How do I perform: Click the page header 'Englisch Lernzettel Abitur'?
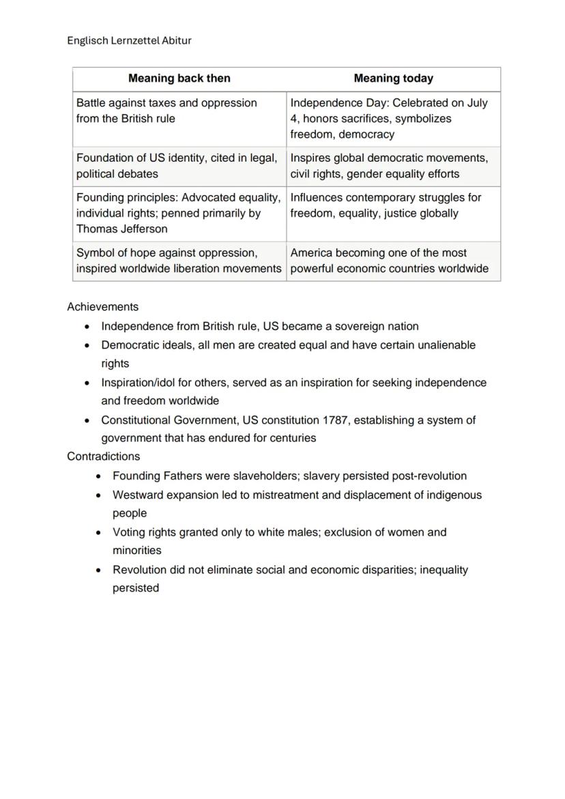tap(129, 40)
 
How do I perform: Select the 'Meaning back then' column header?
tap(179, 78)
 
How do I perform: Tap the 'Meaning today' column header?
tap(393, 78)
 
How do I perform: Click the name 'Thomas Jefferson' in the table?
tap(121, 229)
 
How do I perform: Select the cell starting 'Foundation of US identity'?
tap(179, 166)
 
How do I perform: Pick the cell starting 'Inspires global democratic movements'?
tap(392, 166)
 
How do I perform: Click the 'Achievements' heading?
tap(102, 307)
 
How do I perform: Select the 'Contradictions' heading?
tap(103, 456)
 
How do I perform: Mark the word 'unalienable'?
tap(445, 345)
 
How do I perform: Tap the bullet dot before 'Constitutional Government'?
tap(88, 421)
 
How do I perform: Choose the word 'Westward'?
tap(137, 495)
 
